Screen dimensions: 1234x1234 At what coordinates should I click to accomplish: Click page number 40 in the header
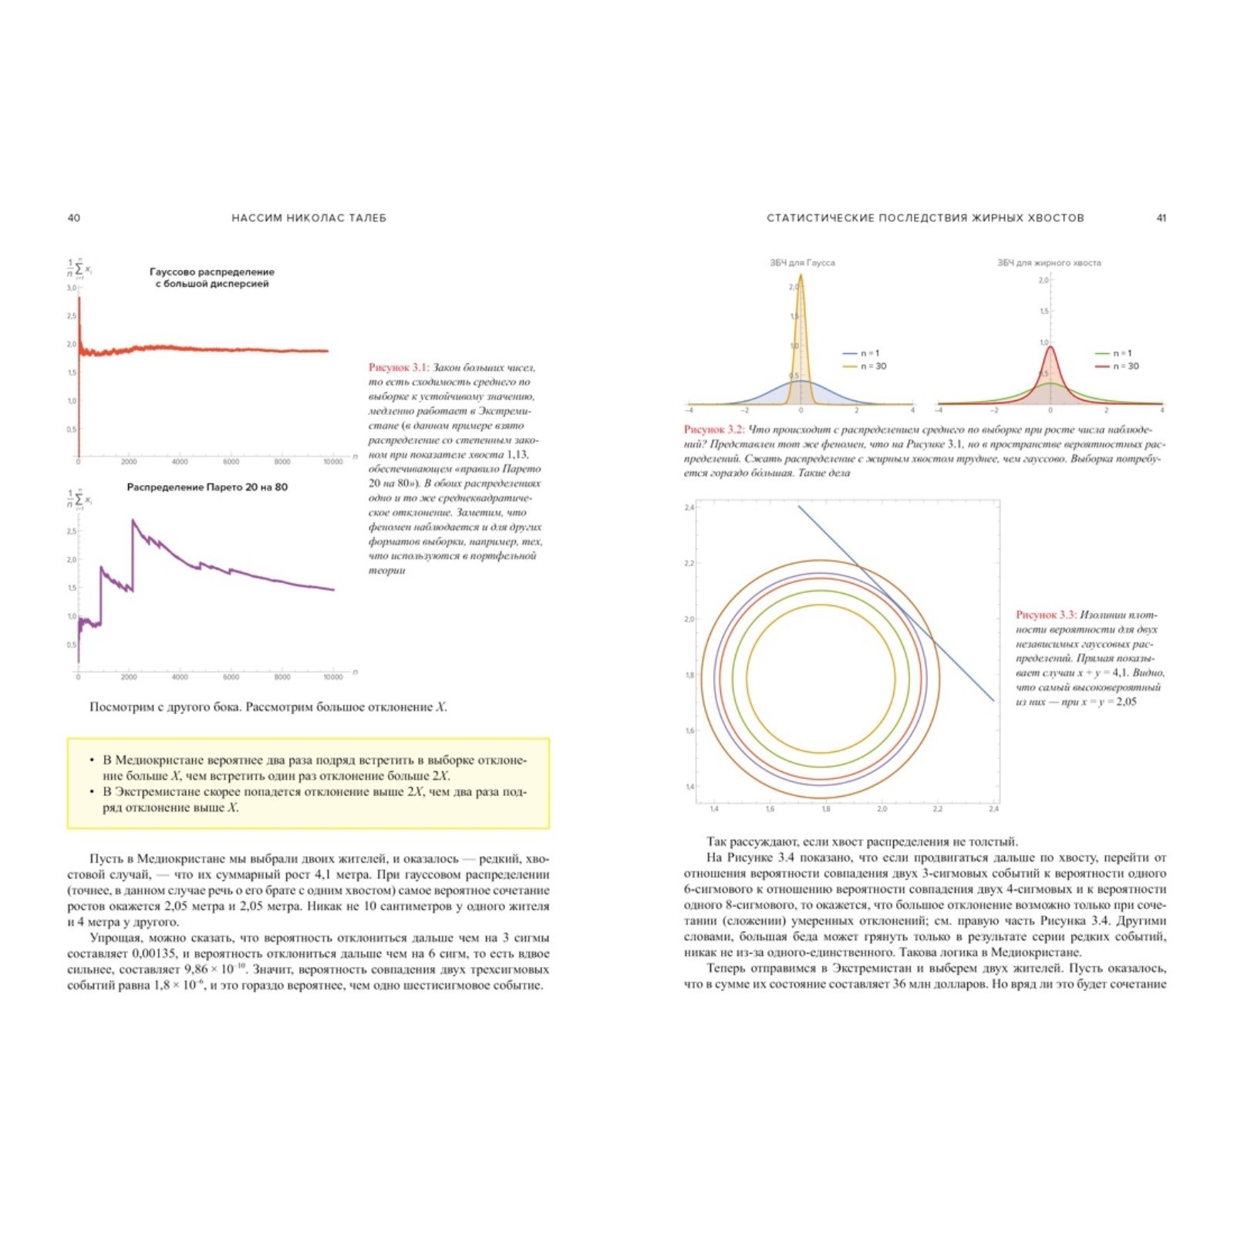74,218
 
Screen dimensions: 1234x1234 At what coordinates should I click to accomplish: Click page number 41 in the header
1161,218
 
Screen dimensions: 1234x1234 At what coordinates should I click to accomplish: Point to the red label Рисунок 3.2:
713,430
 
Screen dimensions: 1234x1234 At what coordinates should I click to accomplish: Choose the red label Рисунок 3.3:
1045,615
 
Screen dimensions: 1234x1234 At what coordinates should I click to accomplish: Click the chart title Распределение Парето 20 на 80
207,487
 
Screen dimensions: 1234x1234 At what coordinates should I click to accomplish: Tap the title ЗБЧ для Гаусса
802,263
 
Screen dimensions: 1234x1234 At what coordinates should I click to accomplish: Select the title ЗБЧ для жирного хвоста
1049,263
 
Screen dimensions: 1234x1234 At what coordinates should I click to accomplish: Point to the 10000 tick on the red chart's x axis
332,462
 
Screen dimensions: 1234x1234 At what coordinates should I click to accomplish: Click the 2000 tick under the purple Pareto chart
129,677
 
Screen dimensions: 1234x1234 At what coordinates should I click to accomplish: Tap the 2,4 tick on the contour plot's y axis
689,507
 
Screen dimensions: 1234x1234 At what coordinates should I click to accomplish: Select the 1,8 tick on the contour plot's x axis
826,809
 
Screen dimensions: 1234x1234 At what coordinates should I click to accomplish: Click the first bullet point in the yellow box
93,760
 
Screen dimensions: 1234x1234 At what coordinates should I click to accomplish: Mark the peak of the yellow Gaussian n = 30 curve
801,275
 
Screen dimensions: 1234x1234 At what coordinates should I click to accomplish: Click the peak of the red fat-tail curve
1050,347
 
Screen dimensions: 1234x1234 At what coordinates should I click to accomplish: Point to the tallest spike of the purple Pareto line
133,521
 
